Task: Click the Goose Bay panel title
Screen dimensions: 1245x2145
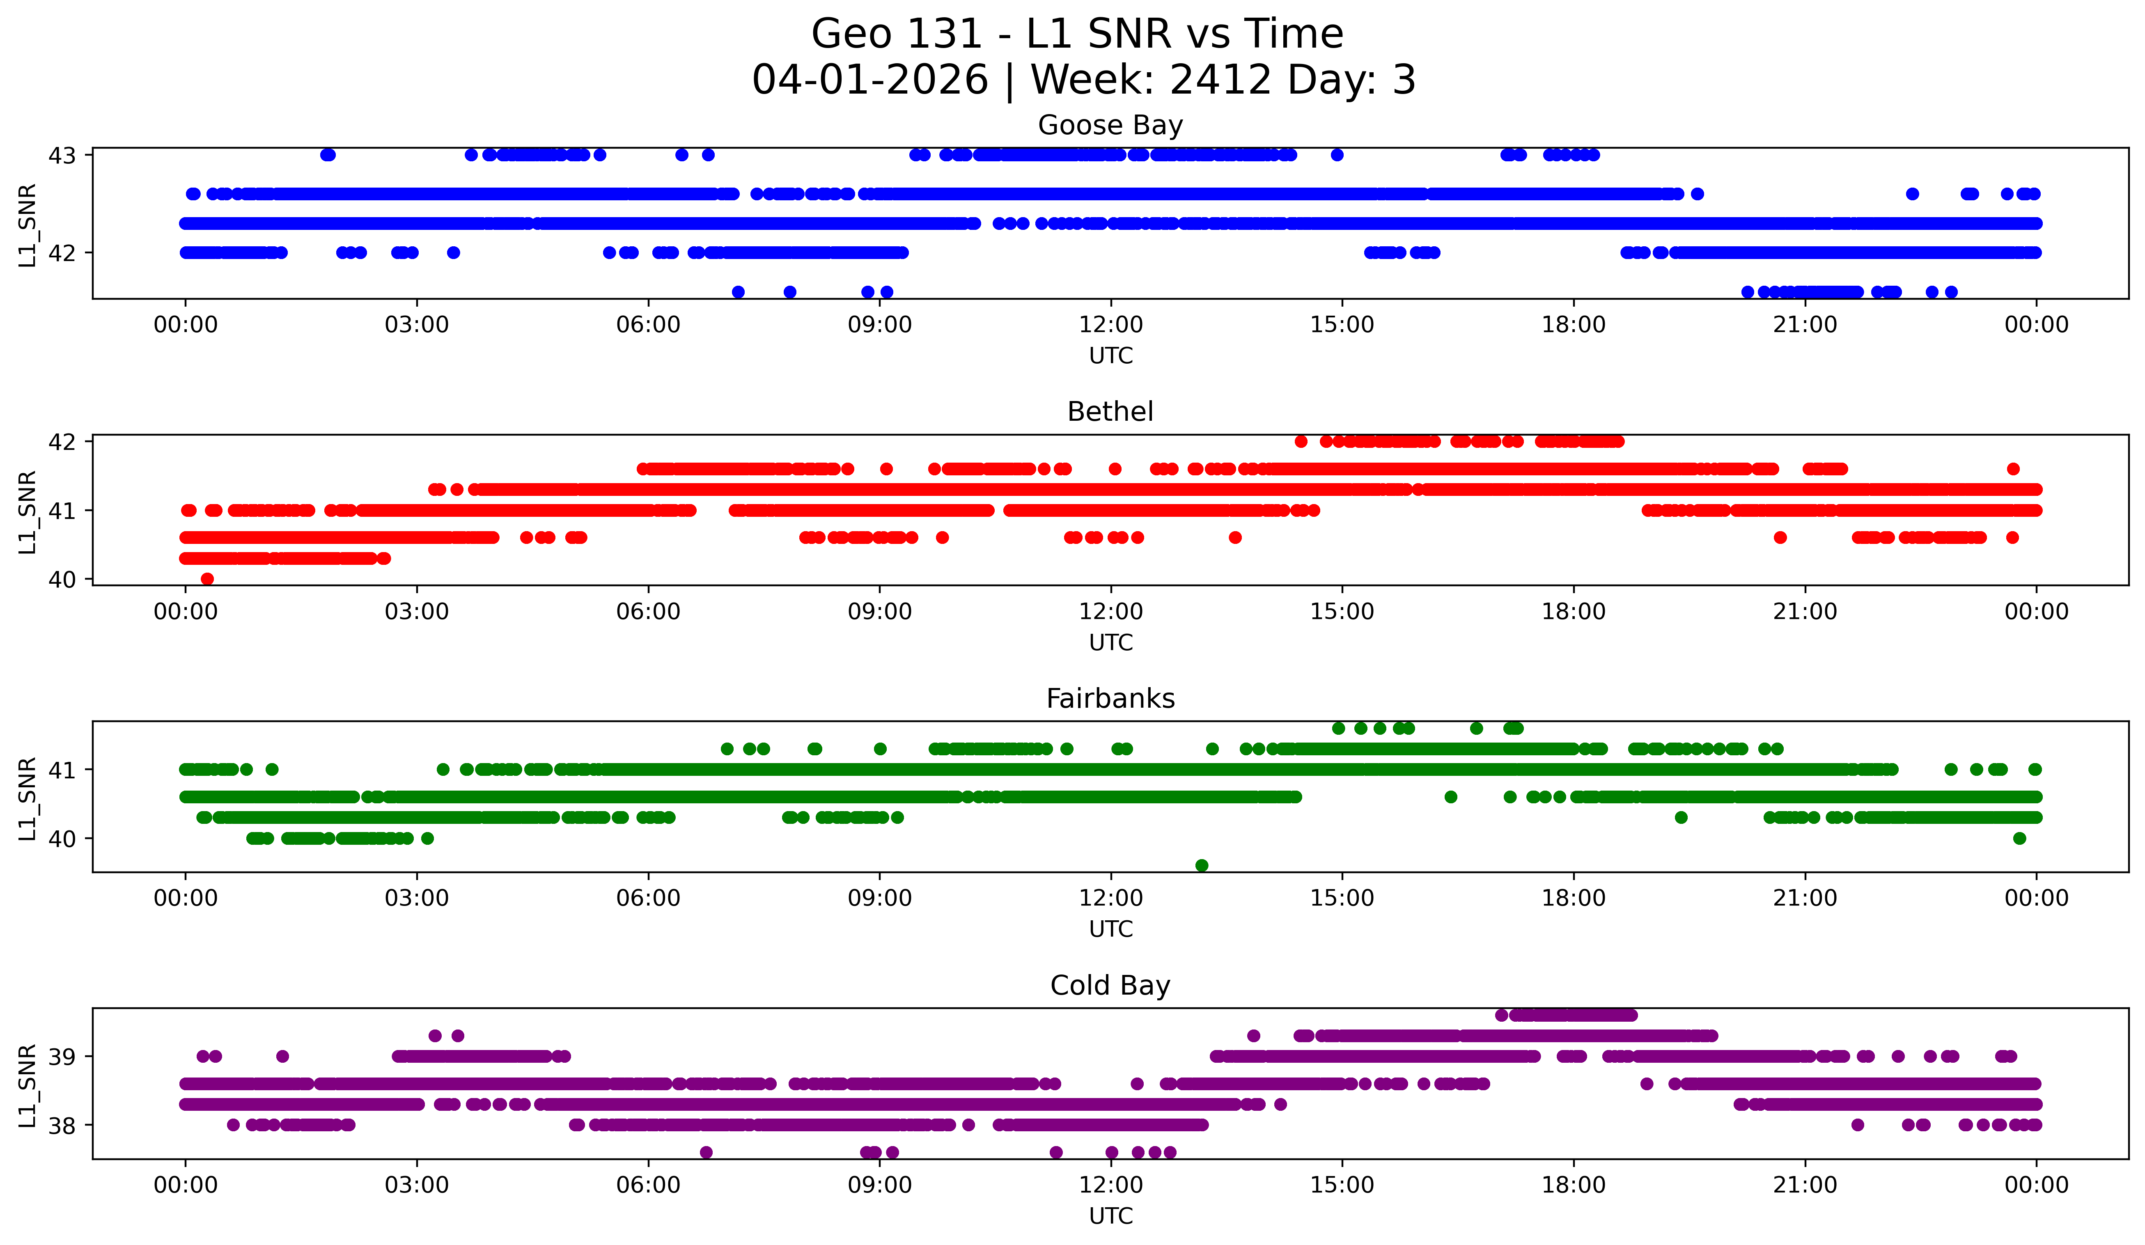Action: (x=1110, y=125)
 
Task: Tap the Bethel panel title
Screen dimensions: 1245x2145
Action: (x=1110, y=412)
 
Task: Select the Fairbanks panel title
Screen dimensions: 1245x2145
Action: (x=1110, y=699)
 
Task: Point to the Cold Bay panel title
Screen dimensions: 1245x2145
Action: (x=1110, y=986)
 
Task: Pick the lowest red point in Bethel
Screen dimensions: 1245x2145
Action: (x=207, y=579)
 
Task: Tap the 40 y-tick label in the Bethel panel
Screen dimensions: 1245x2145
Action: (x=62, y=580)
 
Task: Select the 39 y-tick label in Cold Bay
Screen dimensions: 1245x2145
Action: (x=62, y=1057)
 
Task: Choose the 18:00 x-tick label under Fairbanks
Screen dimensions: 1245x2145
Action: (x=1573, y=899)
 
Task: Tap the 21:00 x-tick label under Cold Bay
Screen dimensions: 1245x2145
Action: (x=1805, y=1185)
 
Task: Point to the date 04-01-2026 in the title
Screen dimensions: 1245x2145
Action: (x=870, y=80)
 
